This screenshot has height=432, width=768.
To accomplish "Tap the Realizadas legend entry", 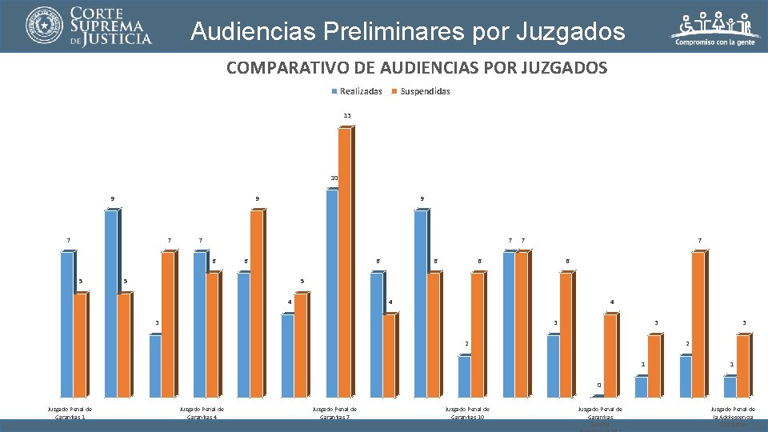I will click(x=357, y=91).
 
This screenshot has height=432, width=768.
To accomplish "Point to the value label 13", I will click(x=347, y=116).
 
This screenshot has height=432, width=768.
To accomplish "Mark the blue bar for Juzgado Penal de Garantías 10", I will click(x=464, y=376).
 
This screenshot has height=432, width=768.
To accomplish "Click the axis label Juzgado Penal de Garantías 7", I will click(x=334, y=413).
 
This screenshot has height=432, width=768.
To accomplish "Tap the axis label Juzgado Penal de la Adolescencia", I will click(x=733, y=413).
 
